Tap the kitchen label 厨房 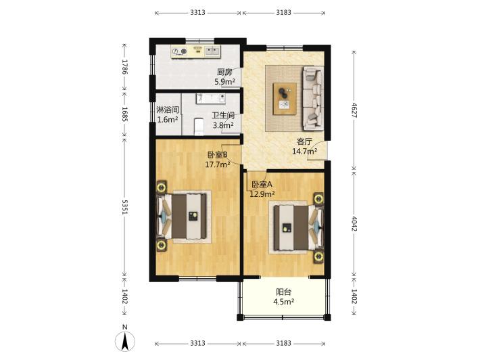coord(224,72)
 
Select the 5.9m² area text coord(224,82)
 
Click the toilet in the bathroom coord(199,127)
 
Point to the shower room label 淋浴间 coord(168,110)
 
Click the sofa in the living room coord(313,97)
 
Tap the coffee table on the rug coord(285,99)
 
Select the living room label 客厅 coord(304,141)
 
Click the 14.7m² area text coord(304,151)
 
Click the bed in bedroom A coord(298,227)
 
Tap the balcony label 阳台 coord(284,292)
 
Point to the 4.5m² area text coord(284,302)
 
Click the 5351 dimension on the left coord(124,207)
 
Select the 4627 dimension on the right coord(354,110)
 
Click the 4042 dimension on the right coord(354,224)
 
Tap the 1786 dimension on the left coord(124,67)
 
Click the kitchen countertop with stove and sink coord(195,52)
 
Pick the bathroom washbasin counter coord(211,98)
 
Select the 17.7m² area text coord(218,164)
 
